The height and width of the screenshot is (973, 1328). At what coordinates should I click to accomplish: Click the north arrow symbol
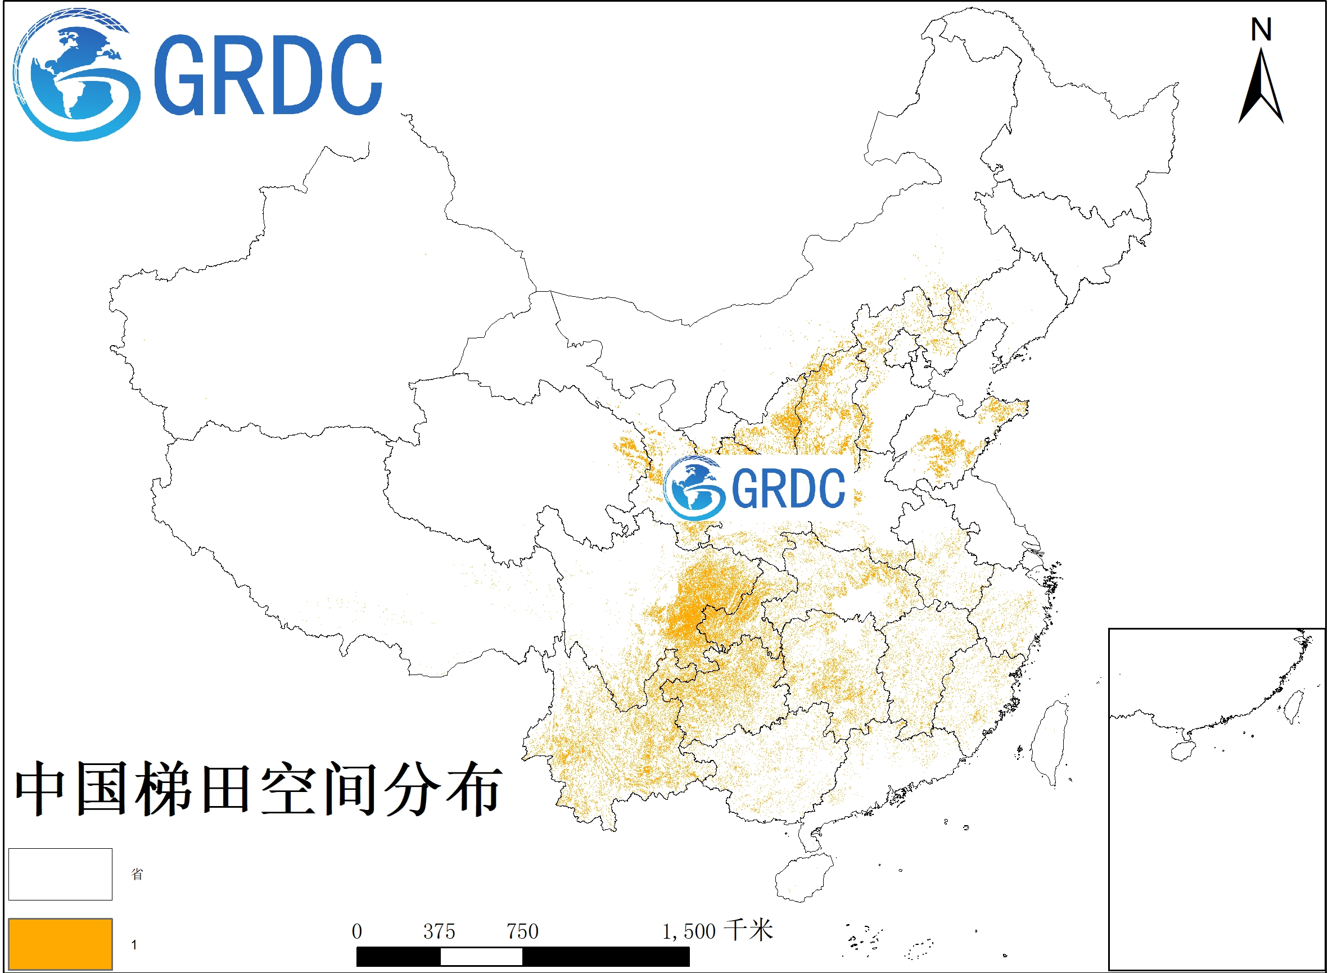coord(1261,88)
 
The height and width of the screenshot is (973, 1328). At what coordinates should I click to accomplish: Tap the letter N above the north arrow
coord(1261,29)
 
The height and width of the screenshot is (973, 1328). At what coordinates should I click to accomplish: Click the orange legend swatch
coord(60,944)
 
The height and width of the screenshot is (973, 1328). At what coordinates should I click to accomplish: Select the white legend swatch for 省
coord(60,874)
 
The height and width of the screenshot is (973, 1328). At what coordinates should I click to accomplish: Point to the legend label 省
coord(137,874)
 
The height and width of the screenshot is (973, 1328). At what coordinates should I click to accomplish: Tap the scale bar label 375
coord(439,932)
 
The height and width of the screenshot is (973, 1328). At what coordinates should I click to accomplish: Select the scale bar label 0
coord(356,932)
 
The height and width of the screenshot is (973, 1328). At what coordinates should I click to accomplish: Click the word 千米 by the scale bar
coord(748,931)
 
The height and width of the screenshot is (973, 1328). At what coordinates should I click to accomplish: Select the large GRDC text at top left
coord(268,75)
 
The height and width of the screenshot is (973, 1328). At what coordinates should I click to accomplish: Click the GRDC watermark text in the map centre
coord(788,488)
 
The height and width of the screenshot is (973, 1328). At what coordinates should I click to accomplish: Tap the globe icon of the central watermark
coord(694,488)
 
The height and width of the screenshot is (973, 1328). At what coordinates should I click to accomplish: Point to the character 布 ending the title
coord(475,789)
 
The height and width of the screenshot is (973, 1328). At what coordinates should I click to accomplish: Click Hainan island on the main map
coord(802,877)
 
